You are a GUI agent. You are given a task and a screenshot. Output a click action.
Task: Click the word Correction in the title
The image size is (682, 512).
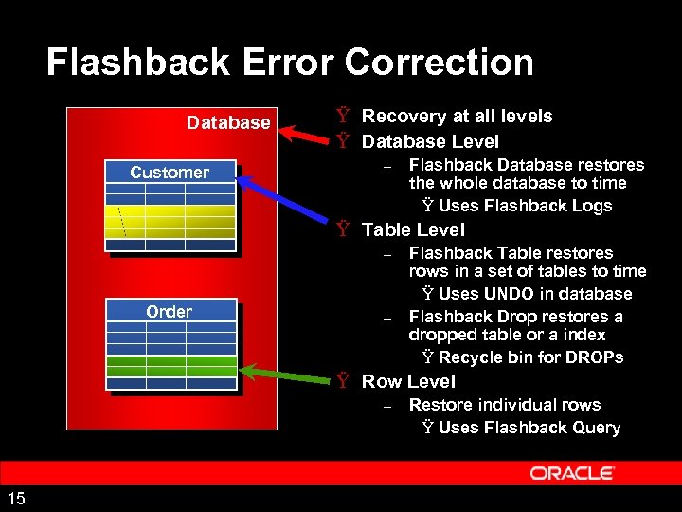pyautogui.click(x=440, y=63)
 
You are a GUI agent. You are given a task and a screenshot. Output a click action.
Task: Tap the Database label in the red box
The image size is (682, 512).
pyautogui.click(x=228, y=123)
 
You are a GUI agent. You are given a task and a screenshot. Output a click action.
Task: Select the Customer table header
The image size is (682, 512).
pyautogui.click(x=170, y=172)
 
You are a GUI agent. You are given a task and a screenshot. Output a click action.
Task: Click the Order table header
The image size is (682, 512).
pyautogui.click(x=170, y=311)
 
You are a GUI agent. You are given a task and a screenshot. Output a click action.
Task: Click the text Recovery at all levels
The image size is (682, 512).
pyautogui.click(x=458, y=116)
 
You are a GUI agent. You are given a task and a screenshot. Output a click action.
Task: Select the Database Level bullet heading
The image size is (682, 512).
pyautogui.click(x=430, y=141)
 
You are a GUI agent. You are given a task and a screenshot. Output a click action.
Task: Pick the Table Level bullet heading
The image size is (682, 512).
pyautogui.click(x=413, y=229)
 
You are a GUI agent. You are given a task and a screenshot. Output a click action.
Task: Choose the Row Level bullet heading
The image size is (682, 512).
pyautogui.click(x=408, y=381)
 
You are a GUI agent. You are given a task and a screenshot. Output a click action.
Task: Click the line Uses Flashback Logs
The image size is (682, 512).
pyautogui.click(x=525, y=206)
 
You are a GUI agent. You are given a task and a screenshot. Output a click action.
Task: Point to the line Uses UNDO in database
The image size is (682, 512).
pyautogui.click(x=534, y=294)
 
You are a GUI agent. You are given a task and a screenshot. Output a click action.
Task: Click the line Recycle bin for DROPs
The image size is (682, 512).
pyautogui.click(x=530, y=357)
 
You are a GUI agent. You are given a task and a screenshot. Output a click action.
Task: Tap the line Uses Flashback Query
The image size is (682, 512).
pyautogui.click(x=529, y=428)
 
